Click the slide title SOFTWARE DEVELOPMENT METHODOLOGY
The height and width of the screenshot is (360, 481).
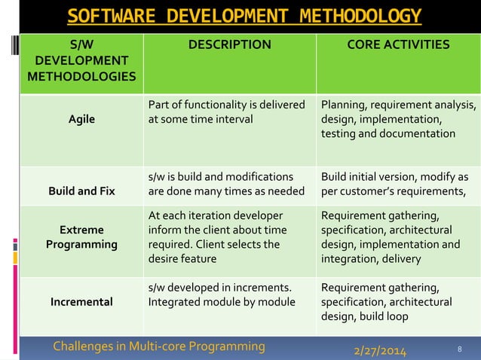(244, 16)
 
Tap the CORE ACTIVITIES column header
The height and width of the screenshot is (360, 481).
(397, 45)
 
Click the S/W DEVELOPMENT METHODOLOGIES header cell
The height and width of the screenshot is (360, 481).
(81, 61)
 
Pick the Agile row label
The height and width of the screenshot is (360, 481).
(81, 119)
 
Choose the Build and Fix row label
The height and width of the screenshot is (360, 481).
(81, 191)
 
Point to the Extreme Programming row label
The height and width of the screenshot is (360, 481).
(81, 236)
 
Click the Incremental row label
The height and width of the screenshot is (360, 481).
(81, 302)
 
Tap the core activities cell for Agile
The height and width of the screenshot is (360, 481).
(397, 119)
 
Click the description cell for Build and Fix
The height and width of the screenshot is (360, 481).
(226, 184)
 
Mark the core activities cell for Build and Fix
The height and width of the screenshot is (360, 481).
(397, 184)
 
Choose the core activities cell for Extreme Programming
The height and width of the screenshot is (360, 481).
(397, 236)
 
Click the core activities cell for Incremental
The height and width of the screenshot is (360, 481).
(397, 301)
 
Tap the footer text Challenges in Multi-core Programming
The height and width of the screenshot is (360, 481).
(159, 346)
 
